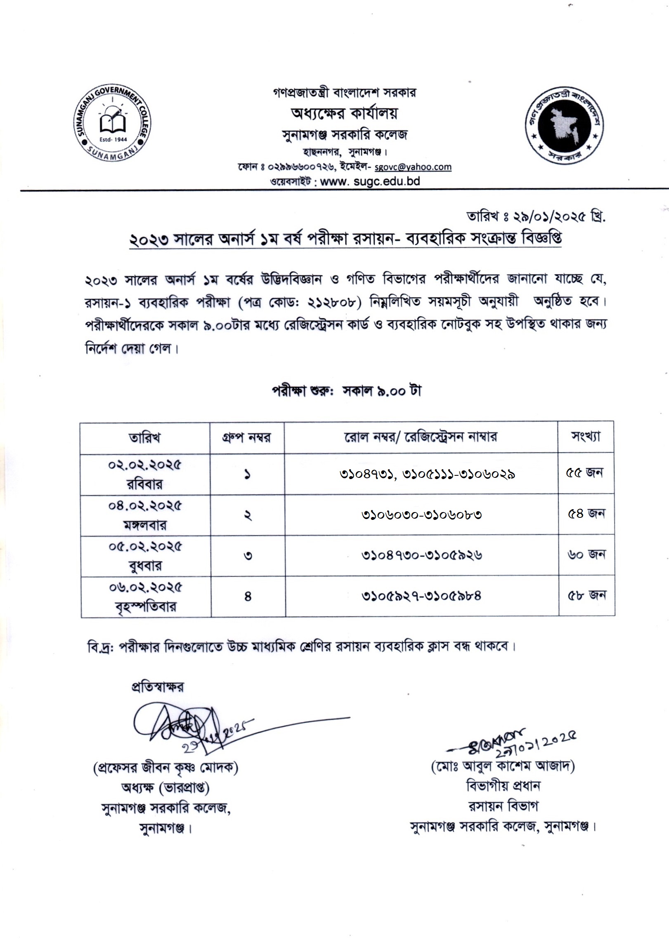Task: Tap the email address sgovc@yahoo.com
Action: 412,167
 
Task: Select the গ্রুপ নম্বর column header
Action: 247,437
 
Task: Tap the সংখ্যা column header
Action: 586,436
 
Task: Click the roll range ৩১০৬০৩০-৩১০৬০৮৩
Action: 421,515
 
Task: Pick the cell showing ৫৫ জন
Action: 585,473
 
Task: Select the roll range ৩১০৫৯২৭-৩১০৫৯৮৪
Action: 421,596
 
